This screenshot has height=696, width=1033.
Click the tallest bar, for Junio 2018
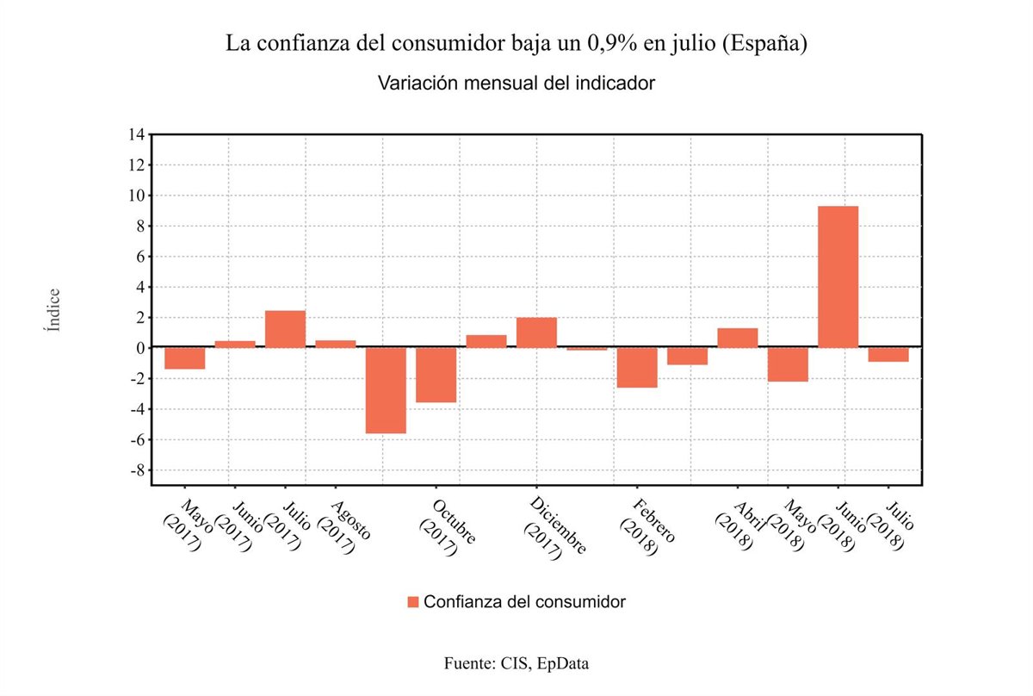[x=838, y=277]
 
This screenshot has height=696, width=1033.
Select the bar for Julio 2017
[x=285, y=329]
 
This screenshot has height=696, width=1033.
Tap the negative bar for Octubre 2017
[x=436, y=375]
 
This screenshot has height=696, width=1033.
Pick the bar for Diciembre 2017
[x=536, y=332]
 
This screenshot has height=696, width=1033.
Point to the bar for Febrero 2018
[x=637, y=367]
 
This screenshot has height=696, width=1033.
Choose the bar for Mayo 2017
[x=184, y=357]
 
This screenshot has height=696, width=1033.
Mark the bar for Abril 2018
[x=737, y=338]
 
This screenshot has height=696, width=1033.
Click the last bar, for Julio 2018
[x=888, y=354]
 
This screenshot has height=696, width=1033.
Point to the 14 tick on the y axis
[x=136, y=134]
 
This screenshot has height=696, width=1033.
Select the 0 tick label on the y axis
[x=138, y=348]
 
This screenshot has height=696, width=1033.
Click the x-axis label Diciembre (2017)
[x=552, y=527]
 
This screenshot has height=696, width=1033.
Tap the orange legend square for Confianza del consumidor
[x=413, y=601]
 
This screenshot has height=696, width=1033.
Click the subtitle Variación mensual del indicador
[x=516, y=84]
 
